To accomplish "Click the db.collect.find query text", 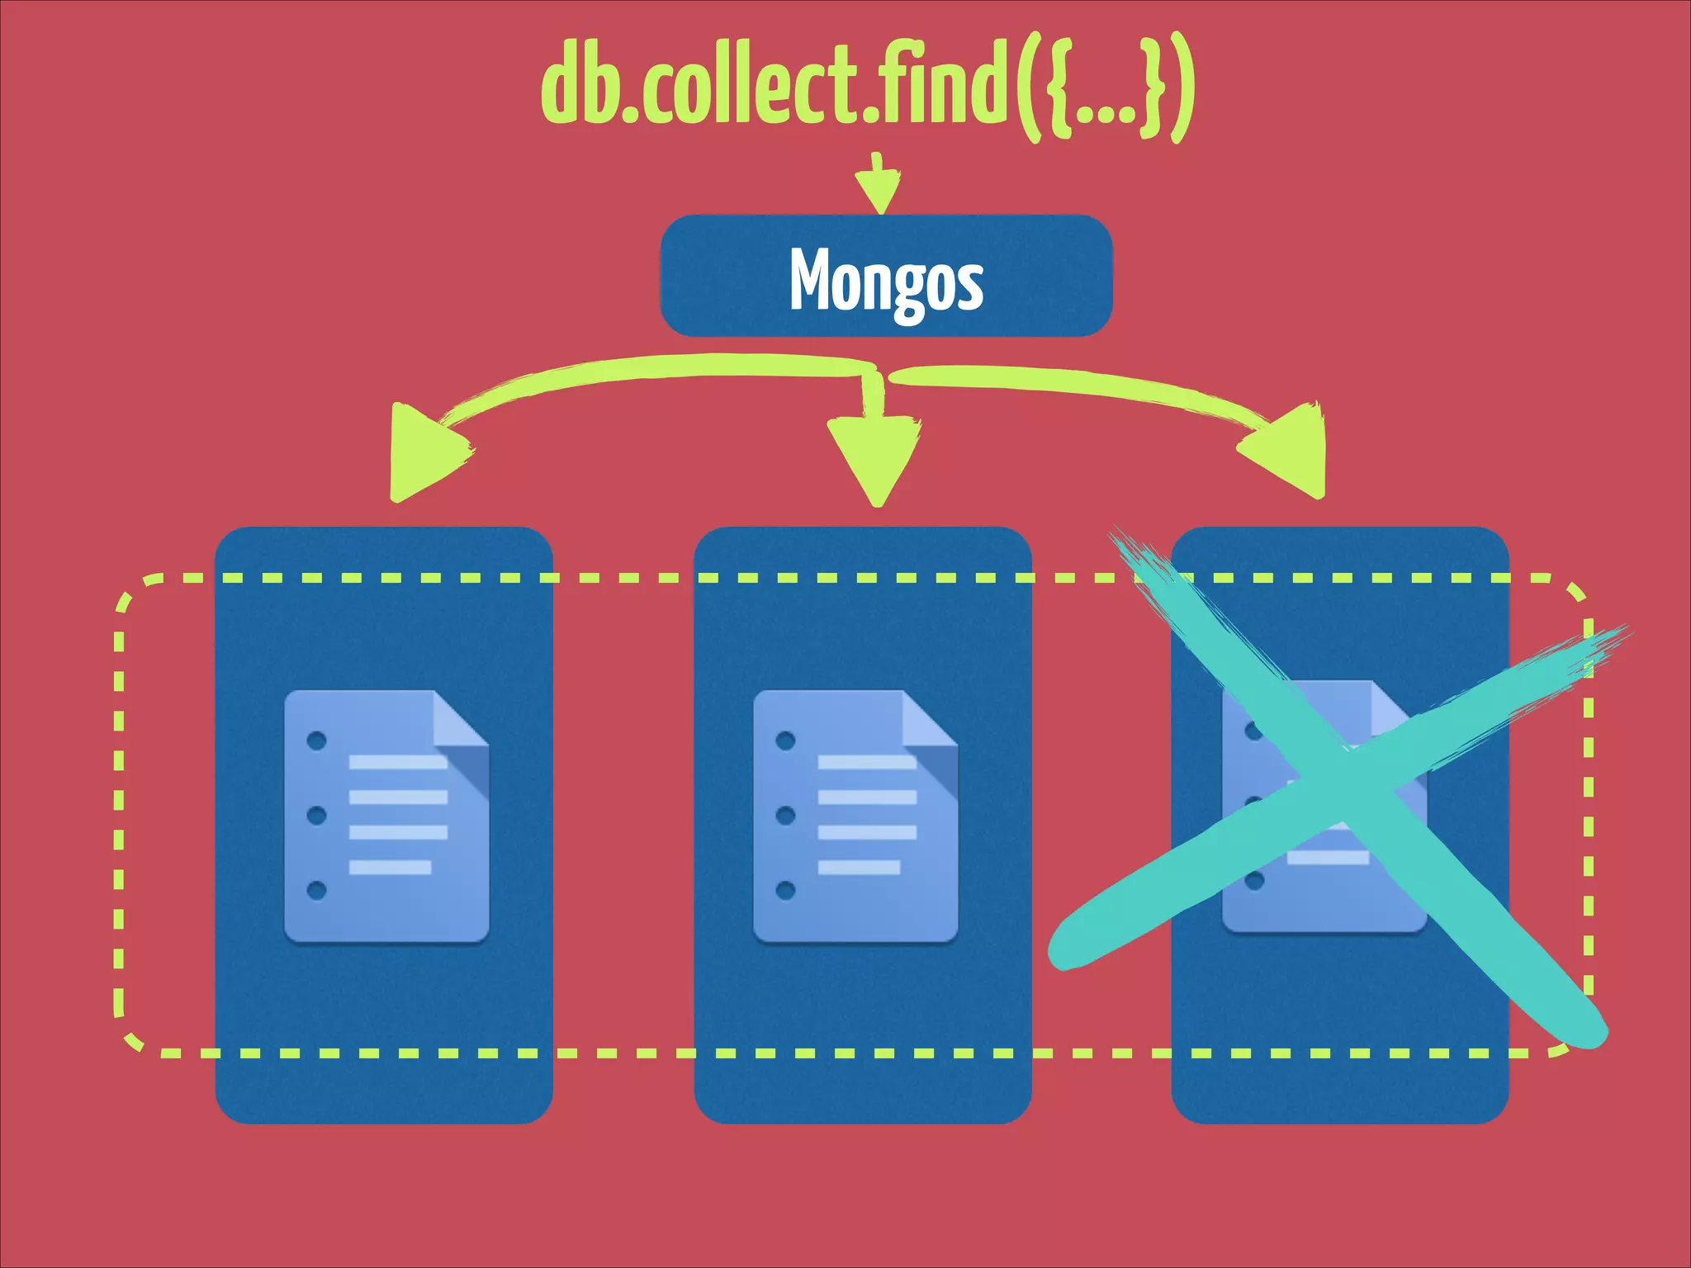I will tap(867, 87).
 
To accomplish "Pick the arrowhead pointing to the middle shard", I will tap(875, 459).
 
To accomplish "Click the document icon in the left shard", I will tap(386, 816).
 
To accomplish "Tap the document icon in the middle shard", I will tap(855, 816).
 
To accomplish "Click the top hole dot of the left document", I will tap(316, 740).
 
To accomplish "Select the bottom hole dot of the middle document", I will tap(785, 890).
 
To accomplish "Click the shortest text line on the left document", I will tap(390, 867).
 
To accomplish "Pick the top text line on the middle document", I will tap(867, 762).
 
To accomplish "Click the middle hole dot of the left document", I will tap(316, 816).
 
